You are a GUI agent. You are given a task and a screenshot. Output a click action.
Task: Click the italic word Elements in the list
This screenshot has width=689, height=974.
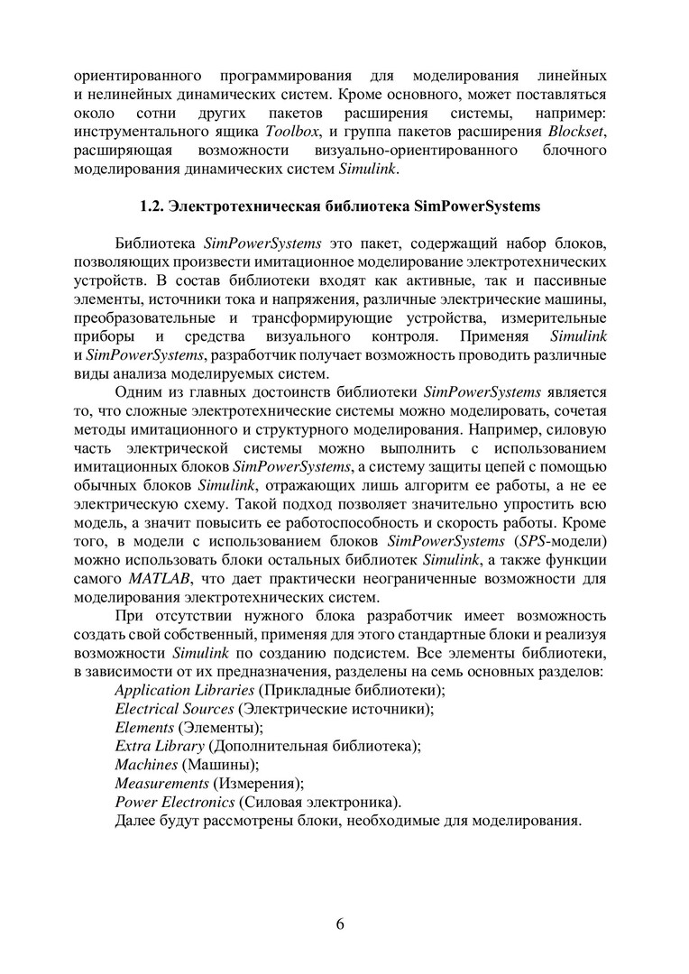pos(144,727)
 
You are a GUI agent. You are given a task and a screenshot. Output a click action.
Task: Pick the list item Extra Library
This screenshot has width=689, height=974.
pos(159,746)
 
